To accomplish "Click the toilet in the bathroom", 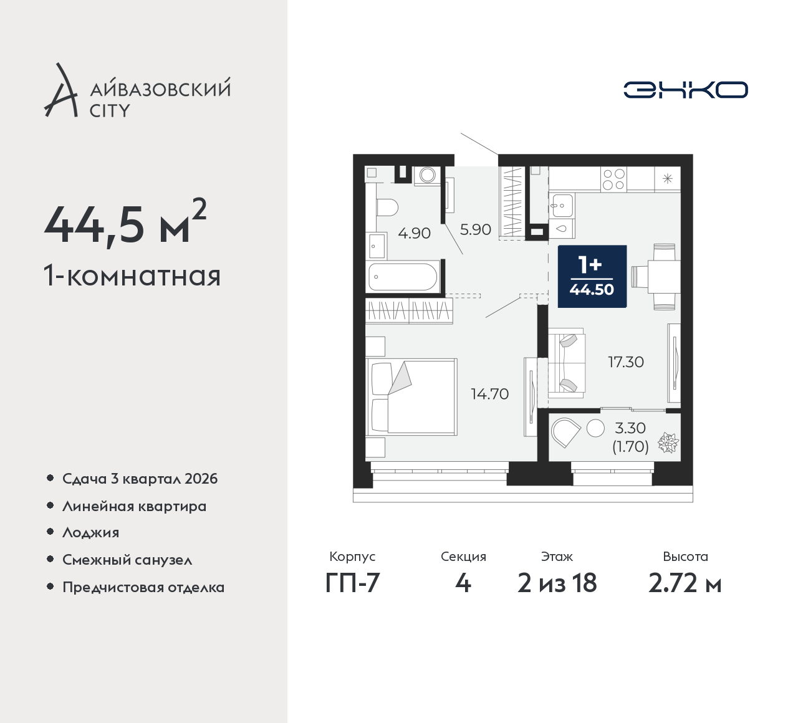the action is click(x=387, y=208).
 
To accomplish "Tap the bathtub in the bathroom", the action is click(x=403, y=276).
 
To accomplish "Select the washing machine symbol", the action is click(x=428, y=175).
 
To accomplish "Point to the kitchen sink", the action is click(x=561, y=205).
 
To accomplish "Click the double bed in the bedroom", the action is click(x=411, y=396).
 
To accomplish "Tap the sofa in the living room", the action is click(x=567, y=363).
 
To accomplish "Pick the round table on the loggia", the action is click(x=595, y=428).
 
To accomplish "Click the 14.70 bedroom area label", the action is click(x=489, y=394).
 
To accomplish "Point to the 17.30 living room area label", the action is click(x=626, y=362).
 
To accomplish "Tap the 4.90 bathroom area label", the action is click(x=414, y=233).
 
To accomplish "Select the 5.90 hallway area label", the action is click(x=476, y=229).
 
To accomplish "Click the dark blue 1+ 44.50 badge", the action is click(x=592, y=276).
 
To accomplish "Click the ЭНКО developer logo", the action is click(x=685, y=90).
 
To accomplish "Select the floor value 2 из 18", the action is click(x=557, y=583).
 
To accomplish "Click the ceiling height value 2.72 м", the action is click(x=685, y=583).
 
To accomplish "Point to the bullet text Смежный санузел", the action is click(x=127, y=560).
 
